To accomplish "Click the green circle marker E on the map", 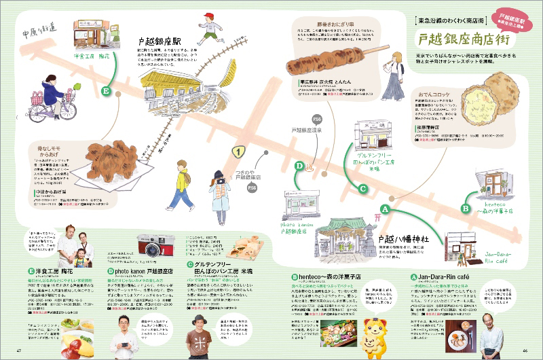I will click(106, 90).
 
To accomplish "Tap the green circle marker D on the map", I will click(299, 165).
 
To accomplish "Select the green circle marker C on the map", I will click(363, 189).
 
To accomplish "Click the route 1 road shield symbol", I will click(238, 151).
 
